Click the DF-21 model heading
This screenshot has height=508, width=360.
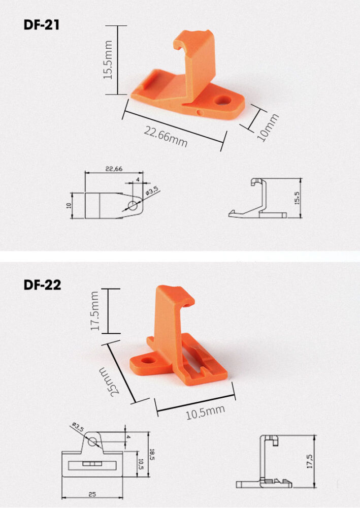(x=42, y=25)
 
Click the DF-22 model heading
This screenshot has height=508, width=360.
(x=42, y=285)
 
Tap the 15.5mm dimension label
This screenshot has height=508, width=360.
(x=108, y=60)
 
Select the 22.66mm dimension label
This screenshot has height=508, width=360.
(x=166, y=136)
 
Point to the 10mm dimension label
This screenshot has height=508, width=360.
(x=268, y=128)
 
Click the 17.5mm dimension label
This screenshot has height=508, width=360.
(x=94, y=311)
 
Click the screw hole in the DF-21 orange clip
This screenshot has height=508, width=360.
(x=222, y=101)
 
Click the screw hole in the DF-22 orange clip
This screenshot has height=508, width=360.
(x=148, y=360)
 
